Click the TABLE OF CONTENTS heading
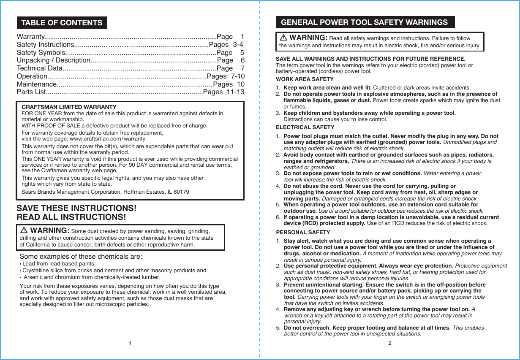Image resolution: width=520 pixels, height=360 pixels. pyautogui.click(x=62, y=23)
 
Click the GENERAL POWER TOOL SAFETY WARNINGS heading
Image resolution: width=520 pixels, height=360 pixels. pyautogui.click(x=364, y=22)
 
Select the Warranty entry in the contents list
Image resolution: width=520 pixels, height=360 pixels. pyautogui.click(x=30, y=37)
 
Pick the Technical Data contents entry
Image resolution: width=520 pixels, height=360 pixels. pyautogui.click(x=39, y=68)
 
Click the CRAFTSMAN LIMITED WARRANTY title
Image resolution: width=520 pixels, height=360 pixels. pyautogui.click(x=69, y=107)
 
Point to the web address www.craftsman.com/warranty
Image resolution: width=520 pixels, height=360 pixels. pyautogui.click(x=107, y=139)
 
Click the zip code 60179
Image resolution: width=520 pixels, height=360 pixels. pyautogui.click(x=182, y=192)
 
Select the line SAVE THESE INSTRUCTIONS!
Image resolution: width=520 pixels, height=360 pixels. pyautogui.click(x=76, y=208)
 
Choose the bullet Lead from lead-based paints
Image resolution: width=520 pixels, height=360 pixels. pyautogui.click(x=59, y=264)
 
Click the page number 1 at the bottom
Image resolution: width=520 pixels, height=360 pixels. pyautogui.click(x=130, y=343)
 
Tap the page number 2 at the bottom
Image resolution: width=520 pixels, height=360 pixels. pyautogui.click(x=390, y=343)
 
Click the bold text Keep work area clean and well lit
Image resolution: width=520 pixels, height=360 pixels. pyautogui.click(x=327, y=88)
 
